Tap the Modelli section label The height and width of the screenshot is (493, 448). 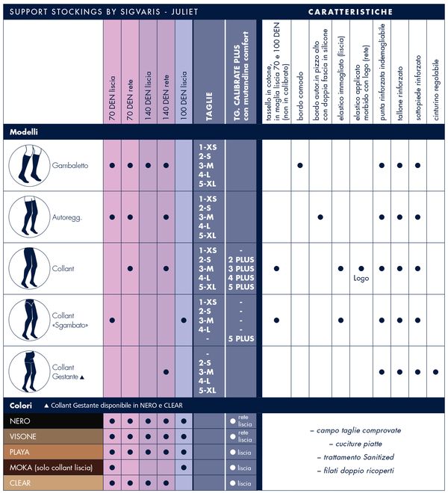(24, 131)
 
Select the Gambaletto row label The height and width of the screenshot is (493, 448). (70, 165)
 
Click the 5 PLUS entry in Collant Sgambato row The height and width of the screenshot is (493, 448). (240, 338)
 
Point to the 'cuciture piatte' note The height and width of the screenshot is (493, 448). (355, 444)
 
